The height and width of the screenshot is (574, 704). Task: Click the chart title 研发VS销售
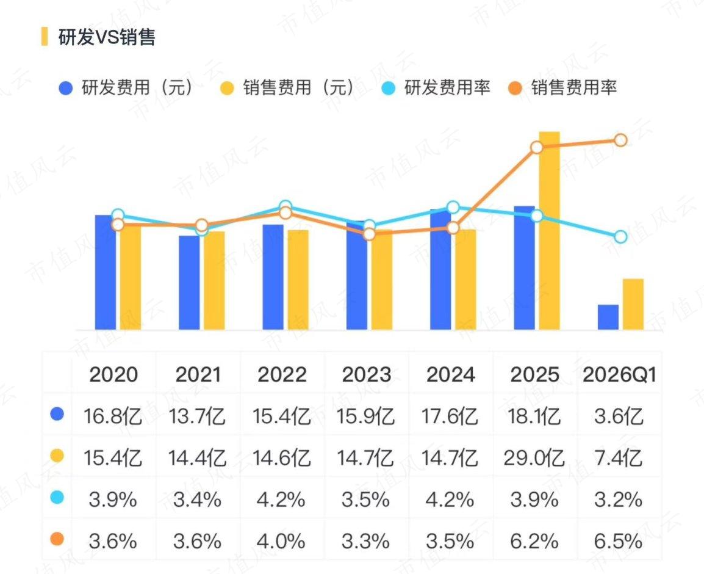tap(107, 37)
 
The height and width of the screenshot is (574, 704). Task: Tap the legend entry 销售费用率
tap(562, 87)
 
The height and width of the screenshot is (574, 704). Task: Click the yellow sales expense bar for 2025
tap(549, 231)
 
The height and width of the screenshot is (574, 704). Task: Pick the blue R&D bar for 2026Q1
tap(608, 318)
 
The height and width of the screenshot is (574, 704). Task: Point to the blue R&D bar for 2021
tap(189, 283)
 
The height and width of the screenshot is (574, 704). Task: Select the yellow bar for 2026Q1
tap(633, 304)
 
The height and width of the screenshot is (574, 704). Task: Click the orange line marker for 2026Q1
tap(620, 140)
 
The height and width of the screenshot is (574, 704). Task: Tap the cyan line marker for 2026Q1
tap(620, 236)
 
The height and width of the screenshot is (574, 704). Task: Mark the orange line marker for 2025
tap(536, 147)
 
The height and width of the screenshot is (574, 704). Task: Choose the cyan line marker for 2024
tap(453, 207)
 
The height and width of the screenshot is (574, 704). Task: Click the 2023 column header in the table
tap(367, 374)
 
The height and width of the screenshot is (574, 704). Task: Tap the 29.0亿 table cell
tap(534, 458)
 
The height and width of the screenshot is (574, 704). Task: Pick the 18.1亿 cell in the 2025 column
tap(534, 416)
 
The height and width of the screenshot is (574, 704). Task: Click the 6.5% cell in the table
tap(618, 541)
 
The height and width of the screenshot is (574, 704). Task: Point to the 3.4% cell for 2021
tap(197, 500)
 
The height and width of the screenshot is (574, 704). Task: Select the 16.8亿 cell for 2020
tap(113, 416)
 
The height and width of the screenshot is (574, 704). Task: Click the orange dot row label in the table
tap(57, 539)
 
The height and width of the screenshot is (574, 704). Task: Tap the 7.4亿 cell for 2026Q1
tap(618, 458)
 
